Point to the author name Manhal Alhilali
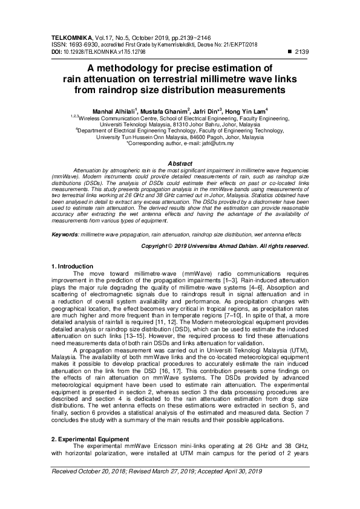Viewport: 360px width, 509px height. pos(115,112)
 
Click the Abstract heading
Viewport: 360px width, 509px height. pos(180,164)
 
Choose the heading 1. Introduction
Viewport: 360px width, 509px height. pos(73,266)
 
